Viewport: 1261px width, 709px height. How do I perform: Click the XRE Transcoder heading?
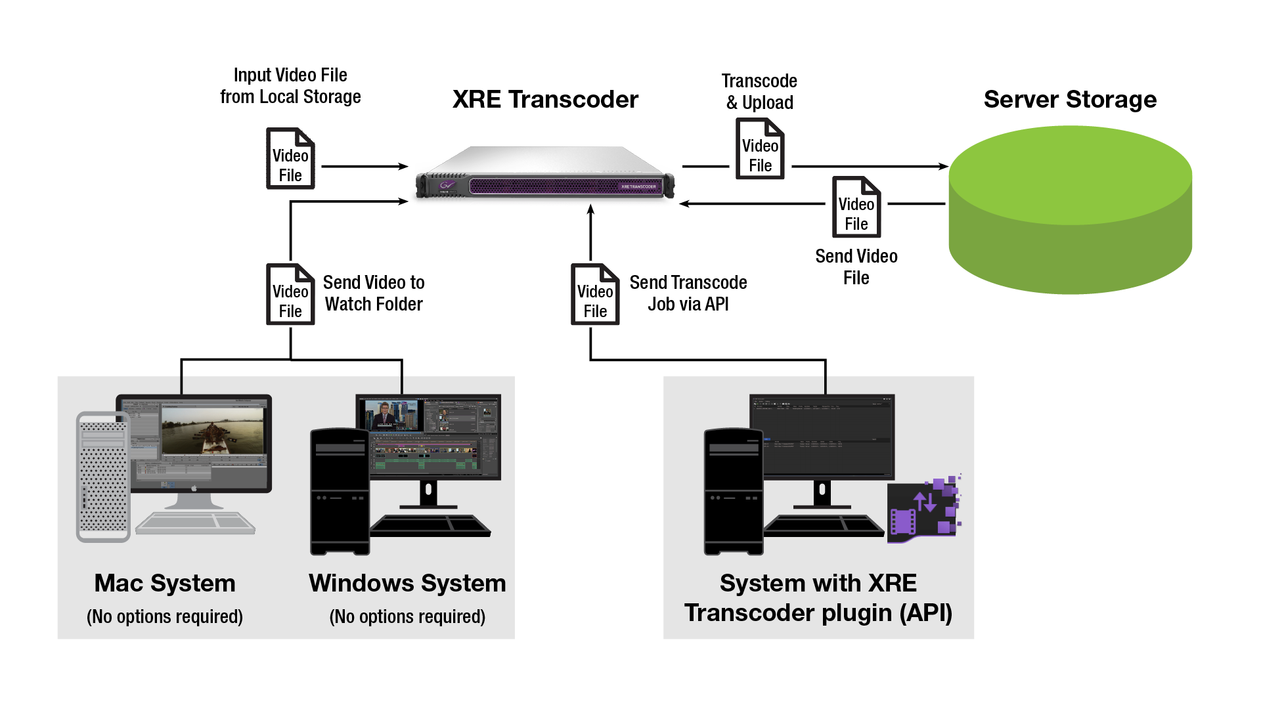545,100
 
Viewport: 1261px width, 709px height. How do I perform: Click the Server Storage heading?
1070,100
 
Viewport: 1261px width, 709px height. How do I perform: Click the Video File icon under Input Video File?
290,159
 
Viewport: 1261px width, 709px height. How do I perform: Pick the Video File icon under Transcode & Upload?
760,149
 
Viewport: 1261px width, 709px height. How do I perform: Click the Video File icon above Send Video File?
856,207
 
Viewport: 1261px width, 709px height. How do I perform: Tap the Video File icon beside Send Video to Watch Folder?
290,295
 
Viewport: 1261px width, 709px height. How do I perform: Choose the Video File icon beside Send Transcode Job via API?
595,295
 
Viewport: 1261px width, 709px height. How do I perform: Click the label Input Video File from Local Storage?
290,86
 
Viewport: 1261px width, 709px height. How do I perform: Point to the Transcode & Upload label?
760,92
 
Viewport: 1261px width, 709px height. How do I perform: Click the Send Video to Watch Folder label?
374,293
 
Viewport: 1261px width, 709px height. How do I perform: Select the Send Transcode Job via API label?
688,293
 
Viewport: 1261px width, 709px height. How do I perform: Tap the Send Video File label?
856,267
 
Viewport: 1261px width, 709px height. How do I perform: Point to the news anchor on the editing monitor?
384,414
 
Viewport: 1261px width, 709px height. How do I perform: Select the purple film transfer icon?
923,509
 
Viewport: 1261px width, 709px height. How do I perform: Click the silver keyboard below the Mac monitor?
195,523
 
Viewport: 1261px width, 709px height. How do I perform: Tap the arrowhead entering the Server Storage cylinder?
944,167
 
